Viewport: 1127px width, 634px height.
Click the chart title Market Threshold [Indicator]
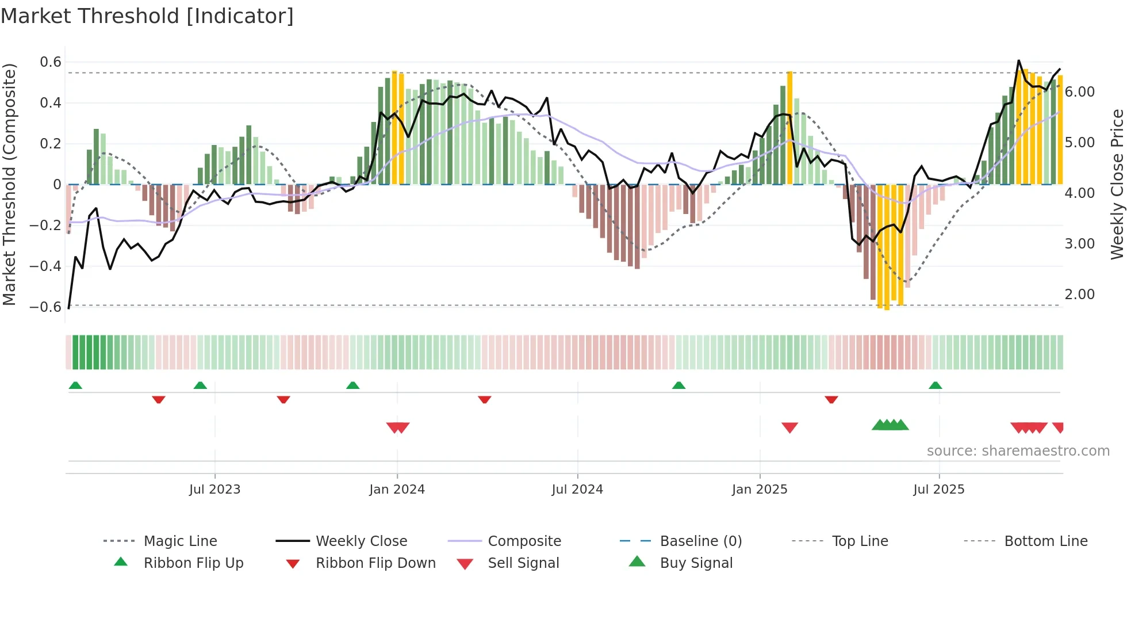(147, 16)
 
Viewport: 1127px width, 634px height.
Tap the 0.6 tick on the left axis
(51, 62)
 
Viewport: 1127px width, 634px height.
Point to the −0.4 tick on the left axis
(45, 266)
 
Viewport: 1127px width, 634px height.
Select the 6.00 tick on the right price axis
(1079, 92)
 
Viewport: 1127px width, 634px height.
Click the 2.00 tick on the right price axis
(1079, 295)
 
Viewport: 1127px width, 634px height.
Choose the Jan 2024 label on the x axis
(397, 490)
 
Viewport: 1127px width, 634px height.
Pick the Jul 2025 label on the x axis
(938, 490)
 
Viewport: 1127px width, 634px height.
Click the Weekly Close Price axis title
(1117, 184)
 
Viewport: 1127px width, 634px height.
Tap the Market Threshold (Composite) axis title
(9, 184)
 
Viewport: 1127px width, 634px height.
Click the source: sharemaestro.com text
(1018, 451)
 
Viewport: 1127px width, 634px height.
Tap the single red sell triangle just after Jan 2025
(789, 427)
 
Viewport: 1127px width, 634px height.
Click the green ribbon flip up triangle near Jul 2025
(935, 385)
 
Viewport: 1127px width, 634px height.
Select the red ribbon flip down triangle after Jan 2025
(831, 399)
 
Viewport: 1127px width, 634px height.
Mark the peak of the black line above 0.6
(1018, 60)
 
